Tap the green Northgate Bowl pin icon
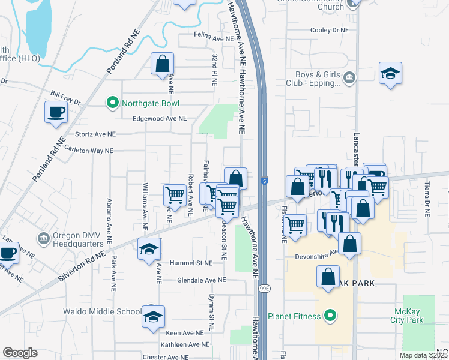coord(112,103)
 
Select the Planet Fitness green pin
coord(329,315)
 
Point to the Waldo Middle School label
coord(103,312)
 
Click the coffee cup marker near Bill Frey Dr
coord(56,112)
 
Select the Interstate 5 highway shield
coord(265,181)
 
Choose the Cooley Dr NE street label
coord(329,29)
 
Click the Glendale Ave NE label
coord(201,280)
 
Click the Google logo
coord(20,353)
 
